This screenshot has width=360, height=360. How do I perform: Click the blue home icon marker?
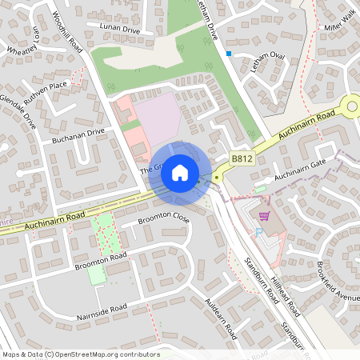(180, 171)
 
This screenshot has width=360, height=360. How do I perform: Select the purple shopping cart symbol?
(263, 216)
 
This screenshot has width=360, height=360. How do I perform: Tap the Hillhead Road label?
(284, 289)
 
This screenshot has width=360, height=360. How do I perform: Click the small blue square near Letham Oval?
(229, 54)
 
